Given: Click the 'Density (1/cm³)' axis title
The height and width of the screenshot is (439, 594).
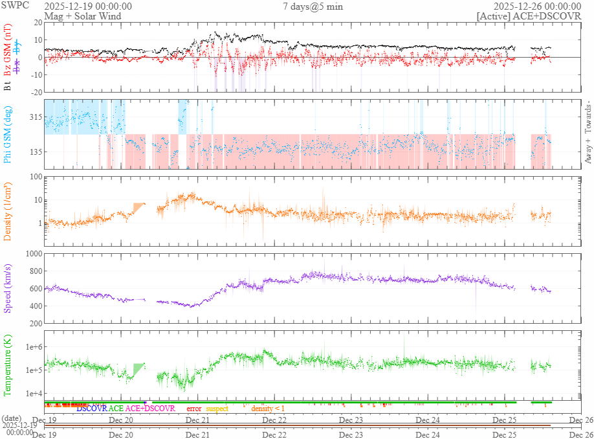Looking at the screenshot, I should click(x=8, y=210).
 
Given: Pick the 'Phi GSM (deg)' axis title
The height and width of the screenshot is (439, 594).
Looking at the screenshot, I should click(x=8, y=135).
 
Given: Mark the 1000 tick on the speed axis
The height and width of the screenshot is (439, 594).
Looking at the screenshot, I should click(x=32, y=254).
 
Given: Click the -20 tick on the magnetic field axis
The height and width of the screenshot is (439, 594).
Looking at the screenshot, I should click(x=35, y=92).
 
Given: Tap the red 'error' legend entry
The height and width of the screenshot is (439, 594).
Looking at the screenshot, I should click(x=193, y=409).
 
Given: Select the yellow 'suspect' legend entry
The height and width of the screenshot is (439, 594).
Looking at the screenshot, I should click(x=217, y=409).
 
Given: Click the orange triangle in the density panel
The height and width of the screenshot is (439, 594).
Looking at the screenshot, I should click(x=138, y=207).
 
